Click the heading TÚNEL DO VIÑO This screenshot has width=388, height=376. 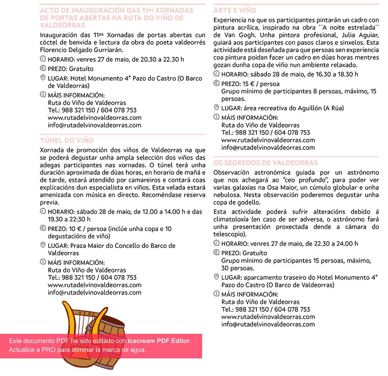tap(66, 141)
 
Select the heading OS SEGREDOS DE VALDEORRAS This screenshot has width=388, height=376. tap(266, 163)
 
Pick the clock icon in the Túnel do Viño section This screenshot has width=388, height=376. tap(43, 211)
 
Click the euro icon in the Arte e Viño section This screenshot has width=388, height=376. tap(216, 83)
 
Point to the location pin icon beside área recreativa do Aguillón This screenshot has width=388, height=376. tap(216, 107)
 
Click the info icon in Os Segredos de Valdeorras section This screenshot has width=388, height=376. tap(216, 294)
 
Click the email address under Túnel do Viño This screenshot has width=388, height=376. tap(94, 292)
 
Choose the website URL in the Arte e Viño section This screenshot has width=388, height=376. tap(268, 140)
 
